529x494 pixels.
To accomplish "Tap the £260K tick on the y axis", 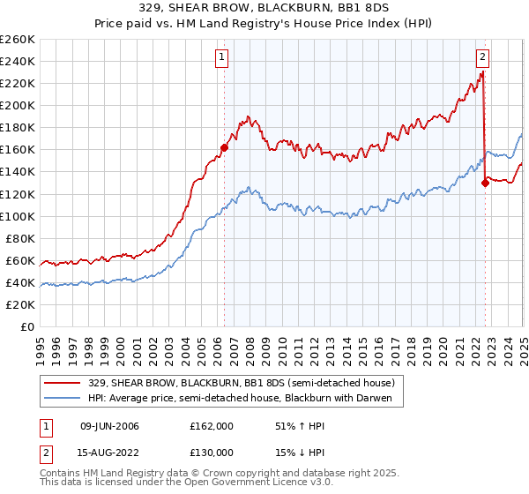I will click(x=17, y=40).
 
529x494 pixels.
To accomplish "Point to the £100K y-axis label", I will click(x=17, y=216).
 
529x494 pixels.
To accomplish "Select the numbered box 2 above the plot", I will click(x=483, y=58).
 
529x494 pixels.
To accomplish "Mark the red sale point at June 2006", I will click(x=224, y=147).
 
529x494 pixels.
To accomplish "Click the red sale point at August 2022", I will click(x=485, y=183).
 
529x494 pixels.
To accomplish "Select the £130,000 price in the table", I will click(x=212, y=452).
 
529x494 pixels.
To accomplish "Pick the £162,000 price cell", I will click(x=212, y=425).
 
